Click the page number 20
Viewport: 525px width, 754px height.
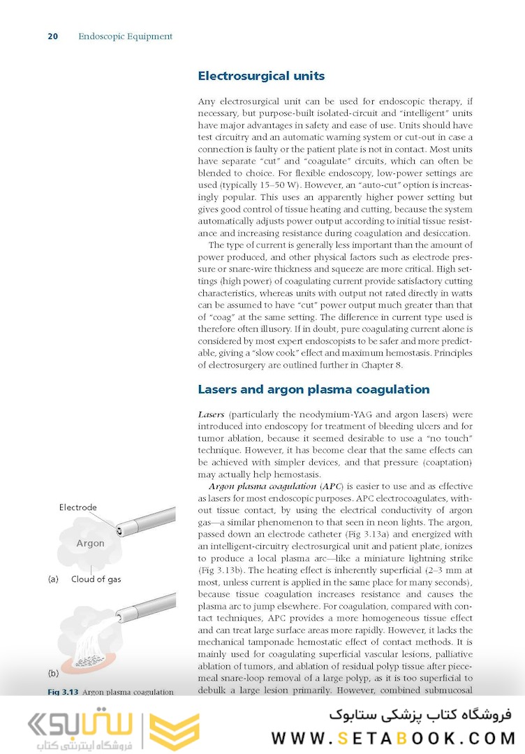(x=52, y=36)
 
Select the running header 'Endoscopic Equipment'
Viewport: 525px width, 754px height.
(x=125, y=36)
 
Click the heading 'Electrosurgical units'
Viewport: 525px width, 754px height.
(x=261, y=76)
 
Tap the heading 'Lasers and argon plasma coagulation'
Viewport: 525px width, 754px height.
(x=313, y=389)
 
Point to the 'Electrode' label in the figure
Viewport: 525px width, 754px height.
(x=78, y=507)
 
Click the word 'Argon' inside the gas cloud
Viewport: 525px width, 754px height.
(x=90, y=543)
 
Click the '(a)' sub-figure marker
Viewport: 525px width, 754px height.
(x=52, y=579)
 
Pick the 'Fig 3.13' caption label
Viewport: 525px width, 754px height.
(x=63, y=692)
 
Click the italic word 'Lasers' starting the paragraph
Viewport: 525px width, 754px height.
(x=211, y=415)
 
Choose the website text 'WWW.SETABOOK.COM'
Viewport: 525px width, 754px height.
(x=393, y=738)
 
